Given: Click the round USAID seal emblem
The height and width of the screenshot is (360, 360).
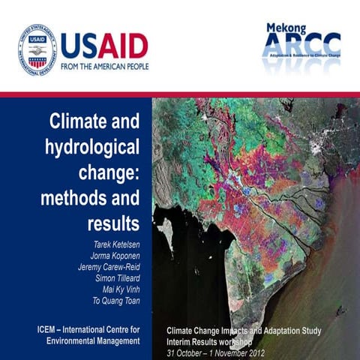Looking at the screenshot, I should [37, 49].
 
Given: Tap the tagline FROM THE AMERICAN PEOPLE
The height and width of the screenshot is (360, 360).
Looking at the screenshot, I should [104, 66].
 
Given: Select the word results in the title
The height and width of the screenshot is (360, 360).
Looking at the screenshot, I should [113, 223].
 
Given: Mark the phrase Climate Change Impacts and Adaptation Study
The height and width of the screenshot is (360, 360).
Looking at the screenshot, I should [250, 330].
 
